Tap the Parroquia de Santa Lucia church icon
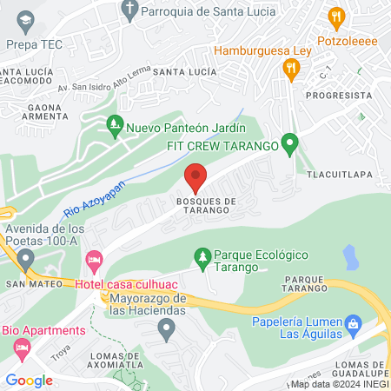pos(129,11)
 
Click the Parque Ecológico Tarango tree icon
pos(202,255)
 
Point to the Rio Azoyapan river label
pos(95,199)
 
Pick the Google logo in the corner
pos(29,380)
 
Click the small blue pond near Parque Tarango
pos(350,256)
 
